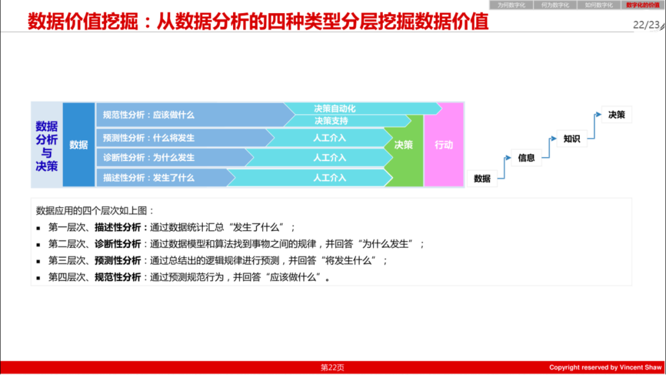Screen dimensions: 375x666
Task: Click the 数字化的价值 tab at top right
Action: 643,5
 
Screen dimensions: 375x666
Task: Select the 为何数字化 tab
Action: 511,5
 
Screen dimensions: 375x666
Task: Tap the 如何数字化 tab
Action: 598,5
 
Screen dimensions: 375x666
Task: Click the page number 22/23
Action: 646,25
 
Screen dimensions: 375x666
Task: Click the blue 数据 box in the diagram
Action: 78,145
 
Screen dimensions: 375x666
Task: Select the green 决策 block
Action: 404,146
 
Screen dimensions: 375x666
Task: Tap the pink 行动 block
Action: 443,146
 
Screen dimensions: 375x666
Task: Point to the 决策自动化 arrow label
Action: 335,109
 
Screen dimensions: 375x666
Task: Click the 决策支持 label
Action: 331,121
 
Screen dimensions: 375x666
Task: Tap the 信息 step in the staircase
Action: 526,157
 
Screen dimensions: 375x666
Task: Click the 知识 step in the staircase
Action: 572,139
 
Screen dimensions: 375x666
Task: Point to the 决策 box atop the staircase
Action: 616,115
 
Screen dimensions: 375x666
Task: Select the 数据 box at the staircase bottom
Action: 482,178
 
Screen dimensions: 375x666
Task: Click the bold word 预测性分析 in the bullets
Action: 118,260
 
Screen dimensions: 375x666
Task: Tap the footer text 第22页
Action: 332,368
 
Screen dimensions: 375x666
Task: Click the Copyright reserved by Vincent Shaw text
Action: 605,368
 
